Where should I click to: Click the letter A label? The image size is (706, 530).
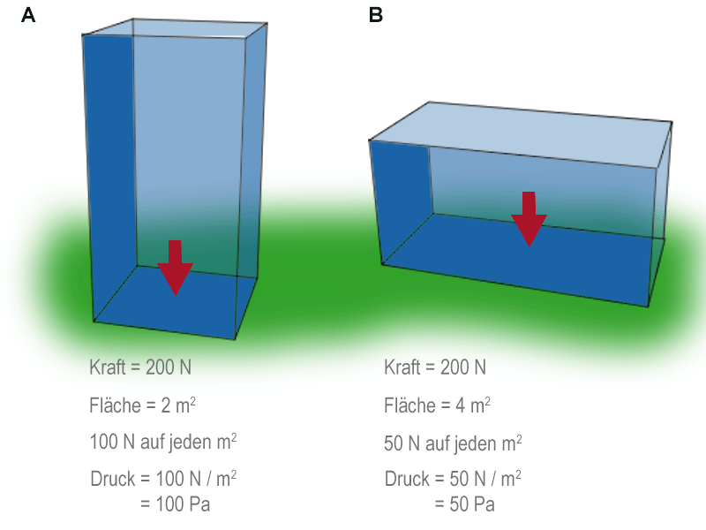(x=28, y=16)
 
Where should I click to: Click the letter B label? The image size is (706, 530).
(x=376, y=16)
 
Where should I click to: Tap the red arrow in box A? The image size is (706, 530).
(x=175, y=267)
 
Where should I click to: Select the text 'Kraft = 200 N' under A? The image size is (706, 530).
(x=139, y=367)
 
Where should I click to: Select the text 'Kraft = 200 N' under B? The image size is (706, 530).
(x=435, y=367)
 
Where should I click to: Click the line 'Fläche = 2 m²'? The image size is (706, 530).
(x=142, y=405)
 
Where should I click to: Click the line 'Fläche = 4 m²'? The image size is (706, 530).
(x=437, y=405)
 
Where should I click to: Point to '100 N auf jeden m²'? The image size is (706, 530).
(x=163, y=442)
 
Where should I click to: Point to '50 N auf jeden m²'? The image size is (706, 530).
(x=453, y=442)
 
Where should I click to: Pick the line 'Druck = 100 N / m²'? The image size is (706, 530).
(x=163, y=479)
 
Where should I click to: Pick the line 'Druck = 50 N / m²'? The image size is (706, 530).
(x=453, y=479)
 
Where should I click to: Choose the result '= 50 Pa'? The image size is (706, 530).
(x=464, y=505)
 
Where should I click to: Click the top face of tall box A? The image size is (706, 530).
(x=176, y=27)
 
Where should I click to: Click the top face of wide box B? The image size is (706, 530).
(x=521, y=133)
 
